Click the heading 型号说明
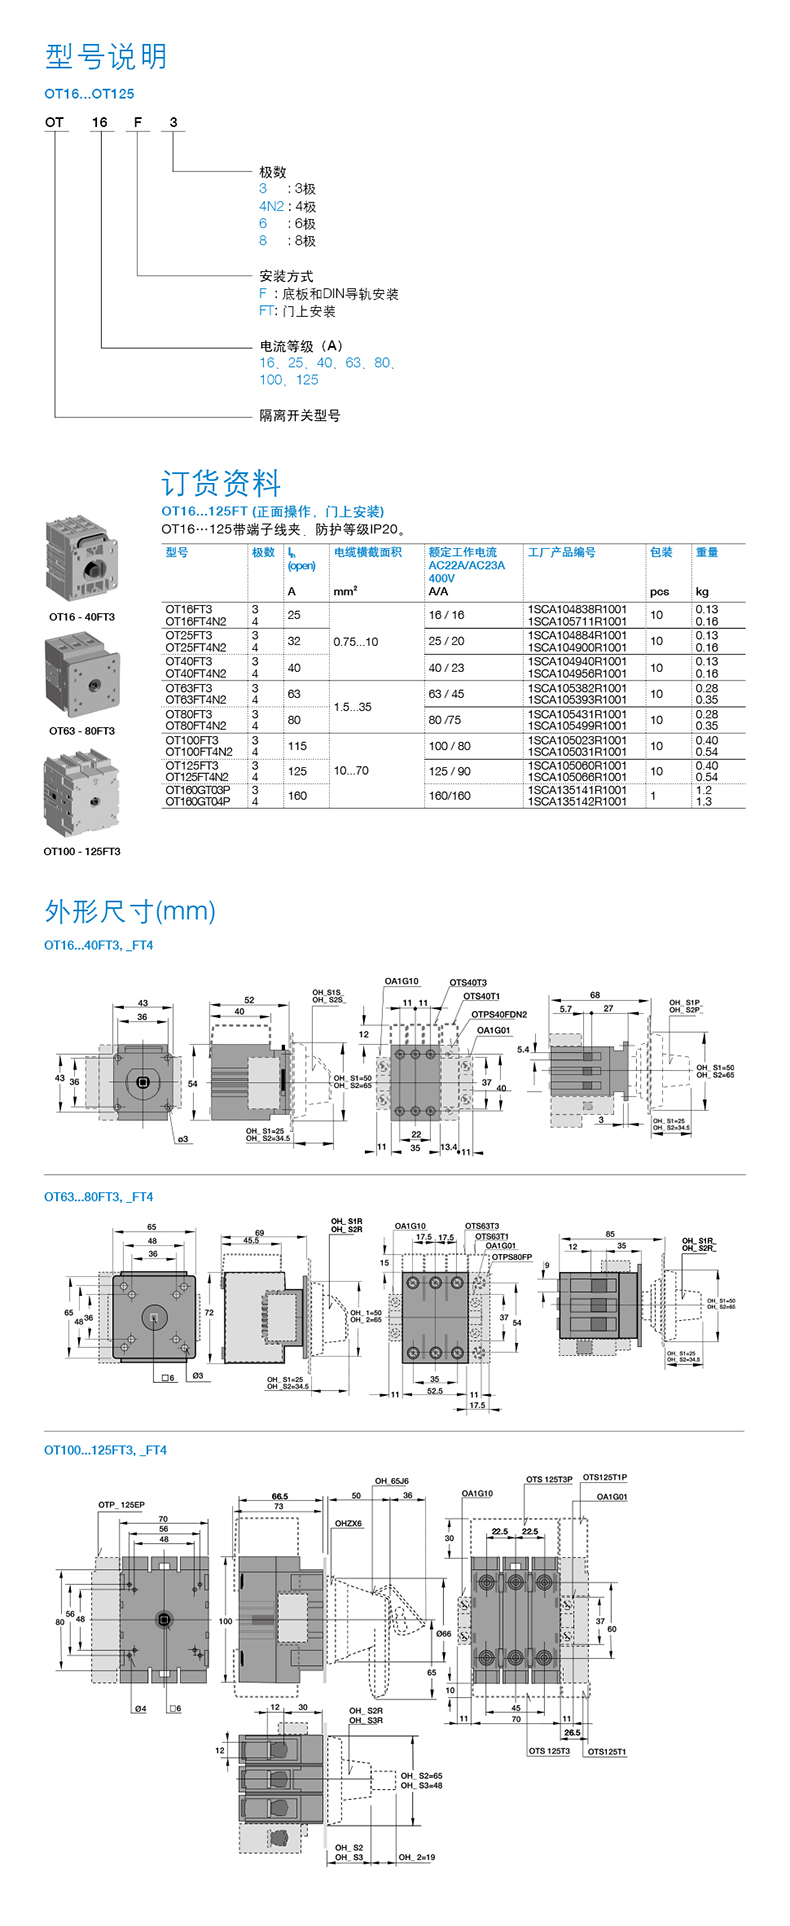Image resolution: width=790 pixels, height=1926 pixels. [106, 57]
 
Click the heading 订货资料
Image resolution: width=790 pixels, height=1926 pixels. [221, 483]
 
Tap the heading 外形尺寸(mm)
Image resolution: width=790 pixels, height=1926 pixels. [130, 910]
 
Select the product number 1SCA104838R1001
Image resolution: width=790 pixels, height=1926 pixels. [577, 609]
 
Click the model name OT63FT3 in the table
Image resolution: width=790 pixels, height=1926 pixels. [189, 688]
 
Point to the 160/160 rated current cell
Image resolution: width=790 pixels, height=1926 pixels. [449, 796]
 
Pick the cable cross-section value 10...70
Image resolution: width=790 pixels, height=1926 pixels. [351, 771]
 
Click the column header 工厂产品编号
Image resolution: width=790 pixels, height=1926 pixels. [562, 552]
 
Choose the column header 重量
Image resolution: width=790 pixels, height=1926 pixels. [707, 552]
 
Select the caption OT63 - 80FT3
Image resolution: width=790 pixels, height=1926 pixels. [82, 731]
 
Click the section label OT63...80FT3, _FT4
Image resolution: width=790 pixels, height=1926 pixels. [98, 1196]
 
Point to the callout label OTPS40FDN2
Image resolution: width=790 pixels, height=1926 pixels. [499, 1014]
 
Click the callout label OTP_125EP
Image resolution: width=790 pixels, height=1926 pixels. [121, 1504]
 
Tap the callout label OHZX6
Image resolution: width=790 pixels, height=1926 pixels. [348, 1524]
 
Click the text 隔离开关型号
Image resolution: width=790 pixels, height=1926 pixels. [300, 416]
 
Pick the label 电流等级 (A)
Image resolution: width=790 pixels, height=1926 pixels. [301, 346]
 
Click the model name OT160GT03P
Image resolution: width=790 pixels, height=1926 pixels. [198, 790]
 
